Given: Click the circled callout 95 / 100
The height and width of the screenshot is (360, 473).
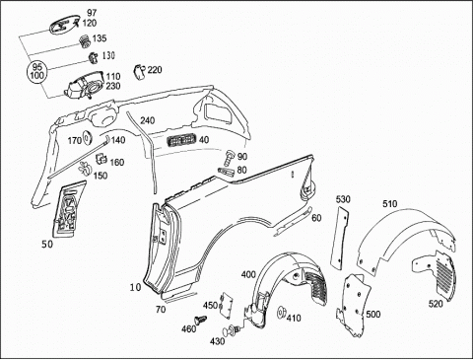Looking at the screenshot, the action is click(x=37, y=71).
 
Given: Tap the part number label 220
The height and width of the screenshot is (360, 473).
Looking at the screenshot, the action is click(x=155, y=70).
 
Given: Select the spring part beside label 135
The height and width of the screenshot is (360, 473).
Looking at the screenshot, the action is click(x=85, y=41).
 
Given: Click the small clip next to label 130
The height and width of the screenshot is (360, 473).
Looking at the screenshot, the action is click(x=93, y=57).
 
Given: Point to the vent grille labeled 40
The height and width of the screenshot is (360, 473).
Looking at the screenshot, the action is click(x=182, y=140).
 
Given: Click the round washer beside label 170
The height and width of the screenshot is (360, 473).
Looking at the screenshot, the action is click(x=88, y=137).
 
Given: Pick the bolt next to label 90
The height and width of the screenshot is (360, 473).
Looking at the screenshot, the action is click(x=231, y=157).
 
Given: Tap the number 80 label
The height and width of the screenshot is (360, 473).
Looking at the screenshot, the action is click(x=241, y=170).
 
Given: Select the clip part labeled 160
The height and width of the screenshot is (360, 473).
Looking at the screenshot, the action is click(x=101, y=159).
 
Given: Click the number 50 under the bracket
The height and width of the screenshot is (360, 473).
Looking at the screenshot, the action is click(x=47, y=245).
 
